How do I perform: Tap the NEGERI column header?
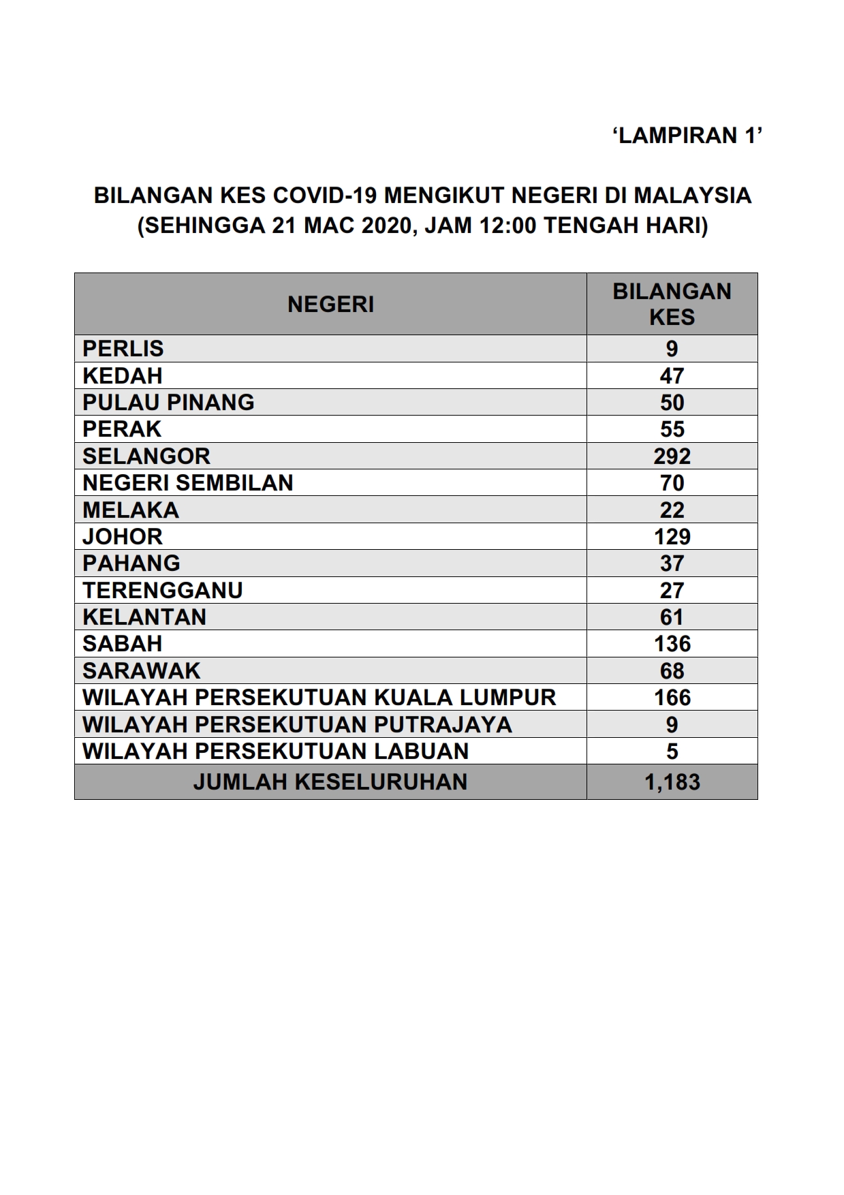click(x=330, y=304)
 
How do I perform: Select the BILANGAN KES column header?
click(x=672, y=304)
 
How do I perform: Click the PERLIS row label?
click(x=123, y=349)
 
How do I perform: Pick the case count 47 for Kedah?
click(x=672, y=375)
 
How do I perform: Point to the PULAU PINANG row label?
click(x=168, y=402)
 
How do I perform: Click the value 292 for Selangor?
click(x=672, y=456)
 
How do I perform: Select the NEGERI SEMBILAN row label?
click(x=188, y=483)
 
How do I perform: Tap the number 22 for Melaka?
click(x=672, y=510)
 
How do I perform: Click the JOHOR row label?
click(x=123, y=536)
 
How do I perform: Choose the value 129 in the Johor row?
click(x=672, y=536)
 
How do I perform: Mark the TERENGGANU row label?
click(x=163, y=590)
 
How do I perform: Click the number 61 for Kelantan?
click(x=672, y=617)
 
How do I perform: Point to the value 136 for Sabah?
click(x=672, y=644)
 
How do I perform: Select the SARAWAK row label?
click(x=142, y=670)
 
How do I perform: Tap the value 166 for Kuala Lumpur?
click(x=672, y=698)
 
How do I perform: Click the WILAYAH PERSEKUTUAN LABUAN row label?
click(x=276, y=751)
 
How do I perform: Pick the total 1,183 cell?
click(x=672, y=781)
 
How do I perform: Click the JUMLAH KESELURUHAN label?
click(x=330, y=781)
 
